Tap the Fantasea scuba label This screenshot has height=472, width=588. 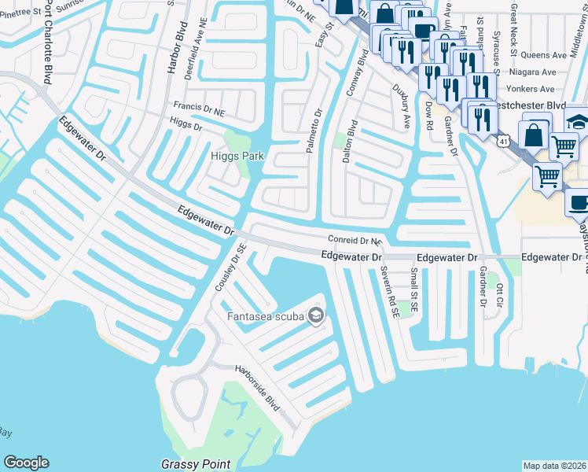pyautogui.click(x=266, y=317)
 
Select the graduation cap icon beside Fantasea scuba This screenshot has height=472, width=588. pyautogui.click(x=316, y=316)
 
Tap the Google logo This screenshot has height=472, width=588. pyautogui.click(x=26, y=463)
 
